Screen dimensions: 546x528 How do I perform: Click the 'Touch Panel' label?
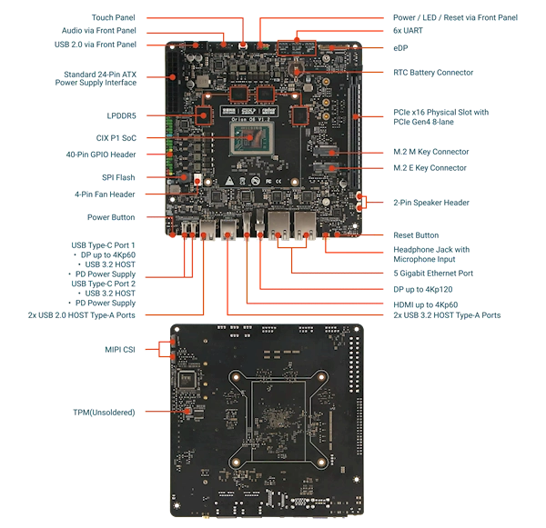click(113, 17)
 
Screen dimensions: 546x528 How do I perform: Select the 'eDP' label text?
click(400, 48)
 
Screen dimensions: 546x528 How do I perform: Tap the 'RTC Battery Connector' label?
click(433, 73)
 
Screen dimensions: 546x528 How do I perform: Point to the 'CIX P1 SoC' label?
click(116, 138)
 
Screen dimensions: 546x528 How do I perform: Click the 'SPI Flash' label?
click(118, 177)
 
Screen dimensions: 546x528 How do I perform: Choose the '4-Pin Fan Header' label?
click(105, 194)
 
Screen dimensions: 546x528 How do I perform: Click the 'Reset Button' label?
click(416, 235)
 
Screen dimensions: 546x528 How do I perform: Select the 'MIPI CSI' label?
click(120, 350)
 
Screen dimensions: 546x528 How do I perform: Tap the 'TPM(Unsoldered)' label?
click(104, 413)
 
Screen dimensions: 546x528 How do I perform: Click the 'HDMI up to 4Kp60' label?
click(426, 304)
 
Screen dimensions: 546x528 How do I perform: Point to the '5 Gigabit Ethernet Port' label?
click(433, 273)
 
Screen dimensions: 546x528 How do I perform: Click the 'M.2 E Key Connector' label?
click(430, 168)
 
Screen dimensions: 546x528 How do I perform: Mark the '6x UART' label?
click(408, 31)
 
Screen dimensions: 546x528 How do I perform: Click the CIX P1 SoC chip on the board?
click(251, 139)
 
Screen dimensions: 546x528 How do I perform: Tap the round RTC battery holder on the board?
click(296, 69)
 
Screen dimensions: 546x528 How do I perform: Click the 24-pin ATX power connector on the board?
click(172, 83)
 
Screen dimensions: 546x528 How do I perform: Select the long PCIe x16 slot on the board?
click(355, 131)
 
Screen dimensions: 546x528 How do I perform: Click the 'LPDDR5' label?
click(122, 115)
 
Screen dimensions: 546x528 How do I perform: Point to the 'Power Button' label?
click(111, 217)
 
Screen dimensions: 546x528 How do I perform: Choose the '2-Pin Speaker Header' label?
click(431, 203)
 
